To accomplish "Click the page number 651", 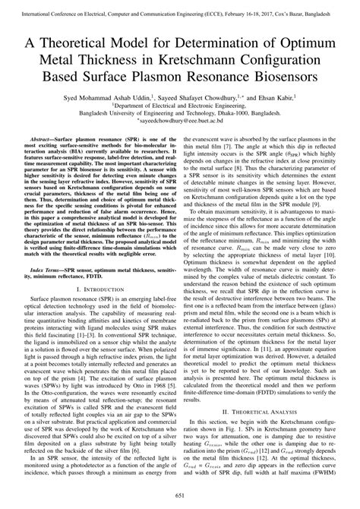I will point(180,495).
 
